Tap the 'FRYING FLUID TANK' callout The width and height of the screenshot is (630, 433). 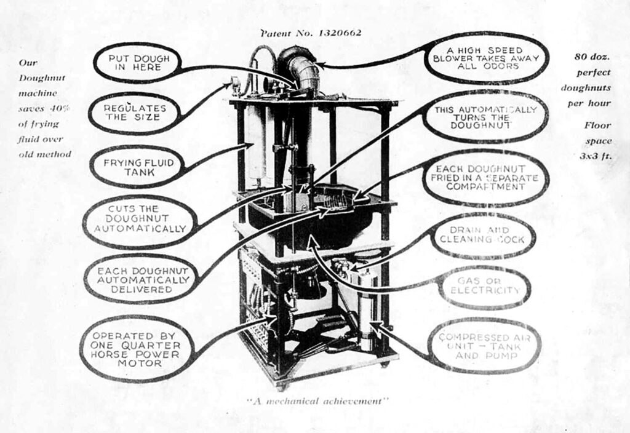pos(134,167)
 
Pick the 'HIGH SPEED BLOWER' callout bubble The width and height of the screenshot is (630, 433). pos(485,58)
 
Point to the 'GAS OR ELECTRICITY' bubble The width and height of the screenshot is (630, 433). pos(484,285)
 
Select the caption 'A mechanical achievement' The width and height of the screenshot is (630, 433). pos(317,401)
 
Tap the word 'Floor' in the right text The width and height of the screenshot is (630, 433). pos(596,125)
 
